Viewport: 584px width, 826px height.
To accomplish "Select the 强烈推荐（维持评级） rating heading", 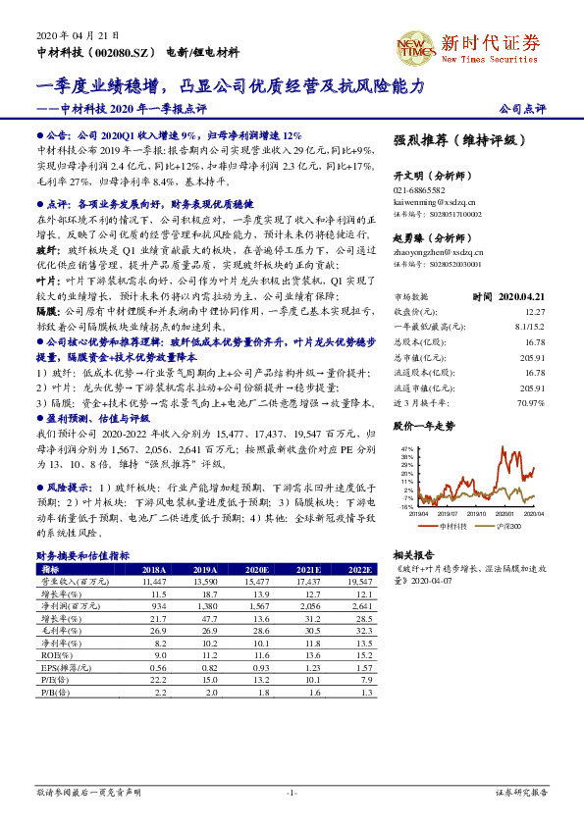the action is (x=452, y=140).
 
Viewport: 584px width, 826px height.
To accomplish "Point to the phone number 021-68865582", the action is (x=420, y=190).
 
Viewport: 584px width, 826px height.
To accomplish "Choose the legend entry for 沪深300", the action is (x=504, y=527).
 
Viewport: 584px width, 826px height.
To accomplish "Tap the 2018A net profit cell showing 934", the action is (x=159, y=607).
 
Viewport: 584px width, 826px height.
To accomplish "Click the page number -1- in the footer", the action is (x=291, y=792).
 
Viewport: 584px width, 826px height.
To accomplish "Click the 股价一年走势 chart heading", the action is (x=424, y=427).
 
